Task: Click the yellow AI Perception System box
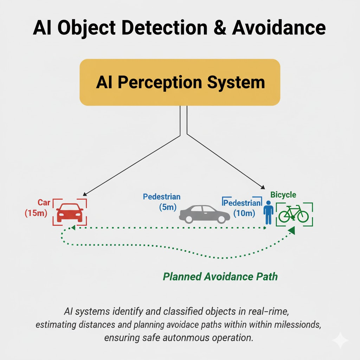[180, 82]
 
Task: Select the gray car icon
[204, 214]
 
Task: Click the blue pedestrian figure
[269, 212]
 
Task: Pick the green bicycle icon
[294, 214]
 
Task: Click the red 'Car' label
[44, 202]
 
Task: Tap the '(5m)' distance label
[167, 207]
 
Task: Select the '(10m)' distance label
[244, 213]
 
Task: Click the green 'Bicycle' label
[283, 194]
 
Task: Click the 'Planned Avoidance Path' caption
[220, 276]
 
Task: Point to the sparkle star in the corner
[340, 340]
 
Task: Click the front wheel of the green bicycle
[302, 216]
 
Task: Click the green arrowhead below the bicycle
[291, 231]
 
